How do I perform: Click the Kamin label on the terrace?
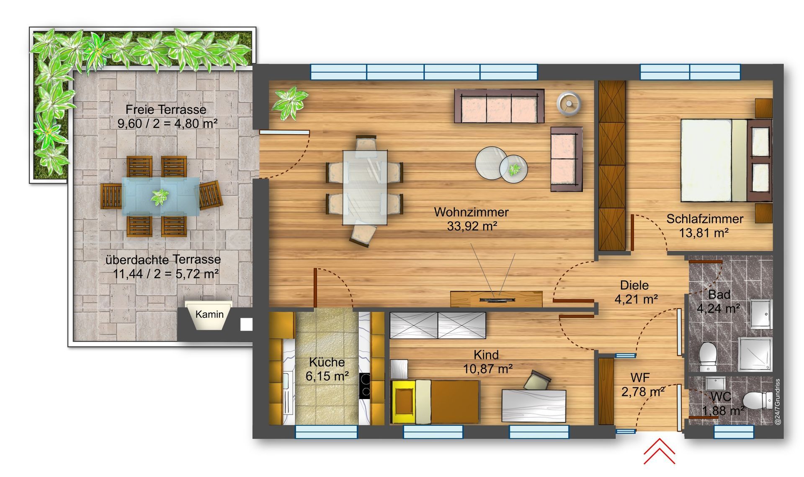pos(209,314)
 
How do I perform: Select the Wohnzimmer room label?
pos(471,212)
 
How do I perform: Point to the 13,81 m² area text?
pos(704,233)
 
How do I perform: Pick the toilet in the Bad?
pos(707,356)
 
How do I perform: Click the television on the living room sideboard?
pos(497,299)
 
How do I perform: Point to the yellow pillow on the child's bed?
pos(404,401)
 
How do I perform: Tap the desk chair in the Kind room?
pos(536,380)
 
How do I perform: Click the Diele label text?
pos(634,285)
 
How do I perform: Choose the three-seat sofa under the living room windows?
pos(499,106)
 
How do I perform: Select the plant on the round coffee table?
pos(514,169)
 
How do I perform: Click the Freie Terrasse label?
pos(166,110)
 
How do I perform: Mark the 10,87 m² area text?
pos(488,369)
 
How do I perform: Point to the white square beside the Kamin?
pos(246,324)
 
